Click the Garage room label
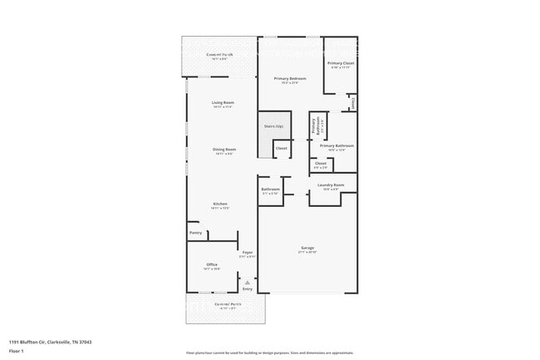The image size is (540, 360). (x=307, y=248)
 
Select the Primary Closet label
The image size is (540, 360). (x=341, y=63)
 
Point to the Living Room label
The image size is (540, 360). (x=223, y=103)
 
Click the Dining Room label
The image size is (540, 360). (x=225, y=150)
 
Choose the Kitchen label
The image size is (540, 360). (x=220, y=204)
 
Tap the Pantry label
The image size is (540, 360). (x=195, y=233)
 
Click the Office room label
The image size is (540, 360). (x=212, y=265)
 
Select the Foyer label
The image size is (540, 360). (x=248, y=253)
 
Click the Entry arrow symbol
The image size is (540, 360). (x=247, y=282)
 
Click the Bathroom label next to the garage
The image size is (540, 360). (x=270, y=190)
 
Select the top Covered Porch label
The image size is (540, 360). (x=219, y=55)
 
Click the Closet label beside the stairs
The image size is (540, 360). (x=282, y=148)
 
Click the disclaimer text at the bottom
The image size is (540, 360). (x=270, y=353)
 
